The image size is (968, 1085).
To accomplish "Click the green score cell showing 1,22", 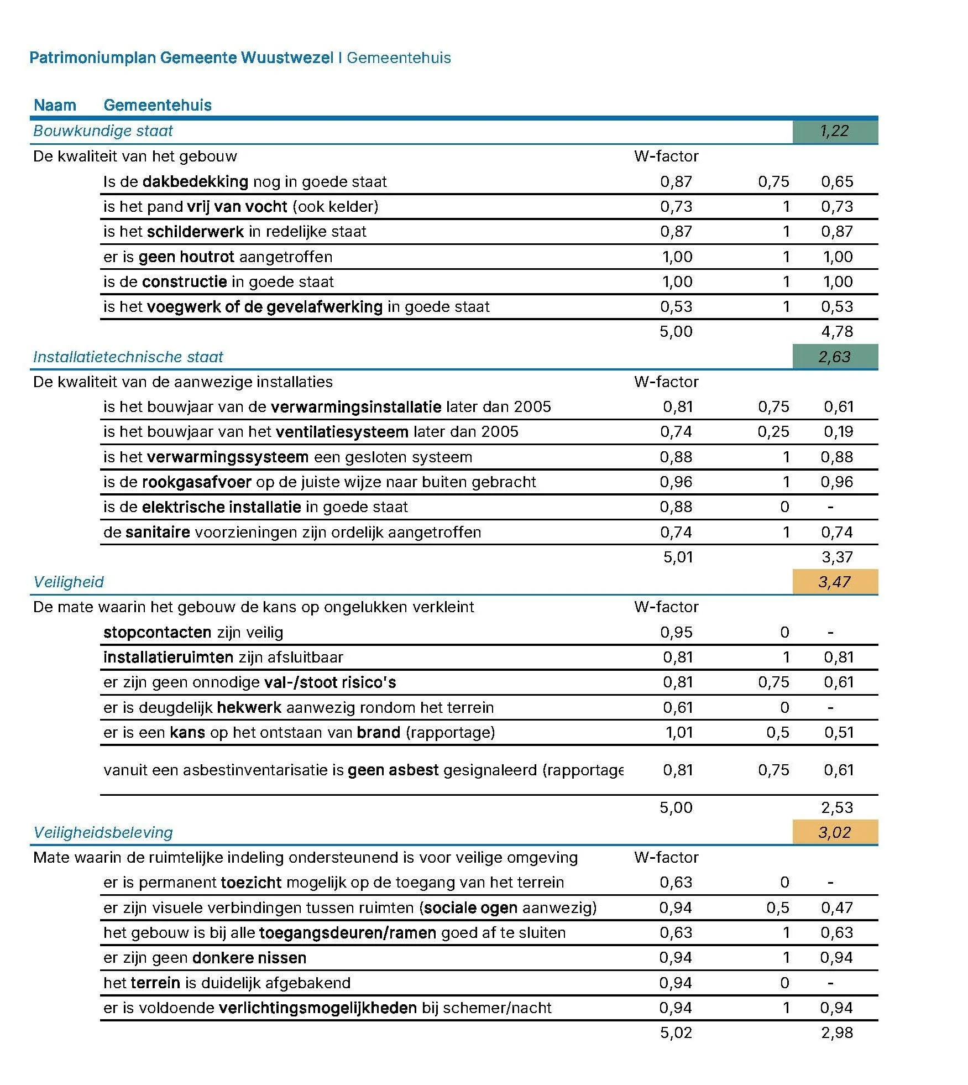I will tap(834, 131).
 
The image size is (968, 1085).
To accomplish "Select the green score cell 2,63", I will tap(834, 357).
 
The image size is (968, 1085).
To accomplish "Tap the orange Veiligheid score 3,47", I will tap(834, 582).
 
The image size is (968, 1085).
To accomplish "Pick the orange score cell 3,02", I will tap(834, 832).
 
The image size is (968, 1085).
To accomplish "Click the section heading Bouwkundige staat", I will tap(103, 131).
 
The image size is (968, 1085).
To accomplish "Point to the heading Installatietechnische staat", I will tap(128, 357).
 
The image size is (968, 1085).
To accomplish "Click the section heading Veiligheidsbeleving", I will tap(103, 832).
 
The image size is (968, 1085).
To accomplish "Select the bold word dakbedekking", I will tap(195, 181).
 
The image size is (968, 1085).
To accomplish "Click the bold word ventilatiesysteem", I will tap(342, 431).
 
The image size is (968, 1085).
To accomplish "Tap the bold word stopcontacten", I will tap(157, 632).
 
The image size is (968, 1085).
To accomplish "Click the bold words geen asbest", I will tap(393, 770).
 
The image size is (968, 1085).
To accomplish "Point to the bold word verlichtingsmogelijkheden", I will tap(317, 1008).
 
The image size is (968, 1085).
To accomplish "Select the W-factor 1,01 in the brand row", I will tap(678, 732).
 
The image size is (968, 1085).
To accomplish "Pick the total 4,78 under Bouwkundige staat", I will tap(836, 331).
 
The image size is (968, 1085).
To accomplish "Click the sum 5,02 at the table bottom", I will tap(676, 1032).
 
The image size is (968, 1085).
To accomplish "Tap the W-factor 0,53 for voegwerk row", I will tap(676, 306).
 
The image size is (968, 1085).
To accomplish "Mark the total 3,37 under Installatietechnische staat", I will tap(836, 557).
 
